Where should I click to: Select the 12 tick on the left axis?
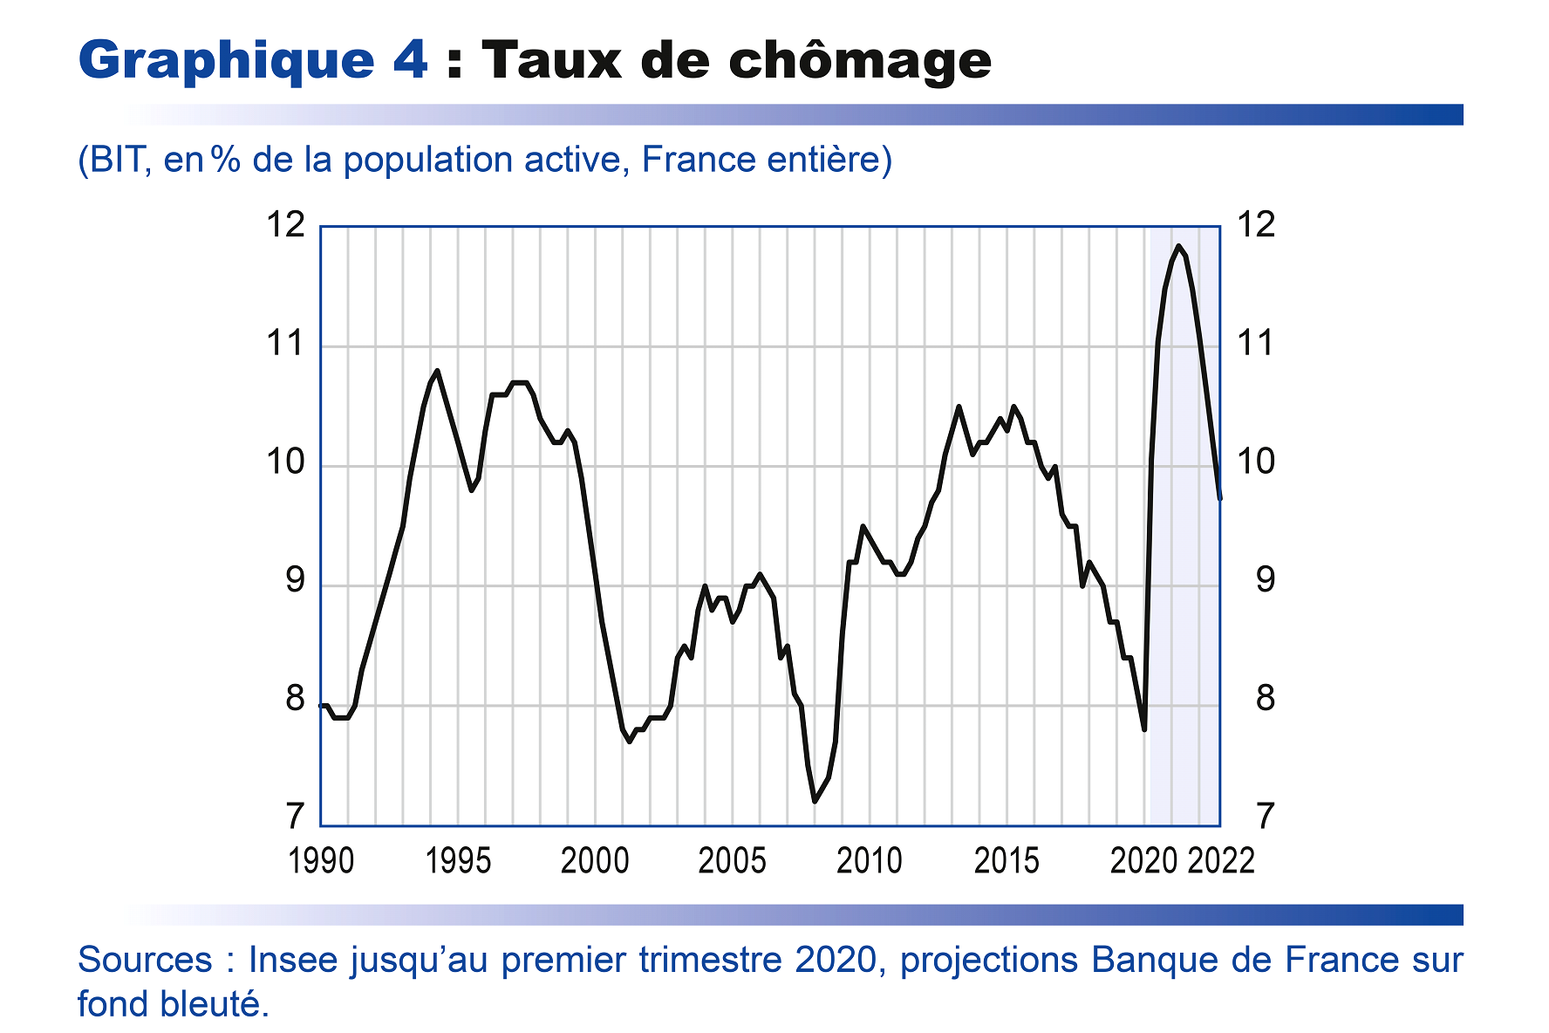(286, 225)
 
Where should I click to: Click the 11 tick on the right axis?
(1256, 344)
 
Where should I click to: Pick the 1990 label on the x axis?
(321, 861)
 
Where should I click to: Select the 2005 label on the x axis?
(732, 861)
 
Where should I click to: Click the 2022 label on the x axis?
(1221, 861)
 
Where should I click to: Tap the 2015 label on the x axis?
(1007, 861)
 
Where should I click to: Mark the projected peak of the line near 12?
(1178, 246)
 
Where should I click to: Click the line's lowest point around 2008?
(815, 801)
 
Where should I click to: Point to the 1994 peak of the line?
(437, 371)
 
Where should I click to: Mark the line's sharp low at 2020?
(1143, 729)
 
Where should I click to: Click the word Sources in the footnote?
(145, 960)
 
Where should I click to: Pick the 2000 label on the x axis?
(595, 861)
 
